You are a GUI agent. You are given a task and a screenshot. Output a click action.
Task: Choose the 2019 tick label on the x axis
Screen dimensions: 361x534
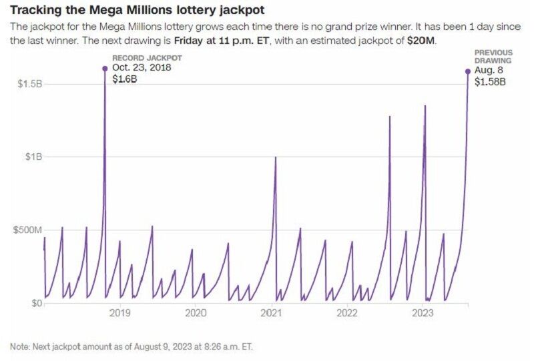coord(119,313)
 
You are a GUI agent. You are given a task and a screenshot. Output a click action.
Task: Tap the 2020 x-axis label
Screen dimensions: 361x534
coord(196,313)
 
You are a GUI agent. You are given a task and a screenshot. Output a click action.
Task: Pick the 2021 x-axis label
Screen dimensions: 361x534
coord(272,313)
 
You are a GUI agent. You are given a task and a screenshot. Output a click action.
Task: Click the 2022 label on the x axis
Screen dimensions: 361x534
coord(348,313)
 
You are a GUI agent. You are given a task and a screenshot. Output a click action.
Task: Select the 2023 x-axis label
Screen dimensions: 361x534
coord(423,313)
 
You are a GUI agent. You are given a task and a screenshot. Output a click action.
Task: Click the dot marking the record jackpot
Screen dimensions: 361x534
coord(105,69)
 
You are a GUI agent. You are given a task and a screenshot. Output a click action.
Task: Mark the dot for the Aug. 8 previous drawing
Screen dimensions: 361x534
coord(467,71)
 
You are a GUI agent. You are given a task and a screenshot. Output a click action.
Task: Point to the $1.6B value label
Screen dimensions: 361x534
coord(124,79)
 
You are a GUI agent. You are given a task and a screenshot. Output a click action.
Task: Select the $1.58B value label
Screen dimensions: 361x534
coord(490,82)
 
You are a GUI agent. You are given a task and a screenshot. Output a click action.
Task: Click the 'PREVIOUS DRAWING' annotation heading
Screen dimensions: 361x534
coord(493,56)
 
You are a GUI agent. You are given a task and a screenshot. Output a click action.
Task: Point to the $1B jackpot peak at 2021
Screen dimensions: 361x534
coord(276,157)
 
